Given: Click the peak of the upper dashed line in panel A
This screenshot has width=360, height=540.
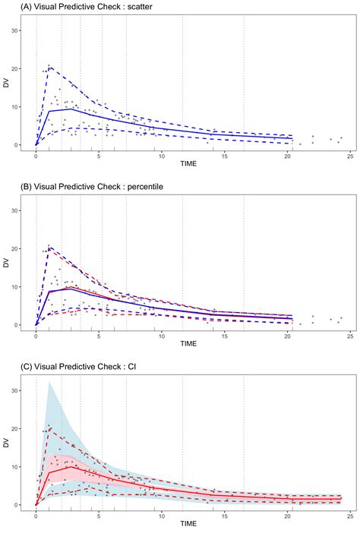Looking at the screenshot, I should point(49,67).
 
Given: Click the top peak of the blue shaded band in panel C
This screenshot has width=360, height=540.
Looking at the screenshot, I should point(49,382).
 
